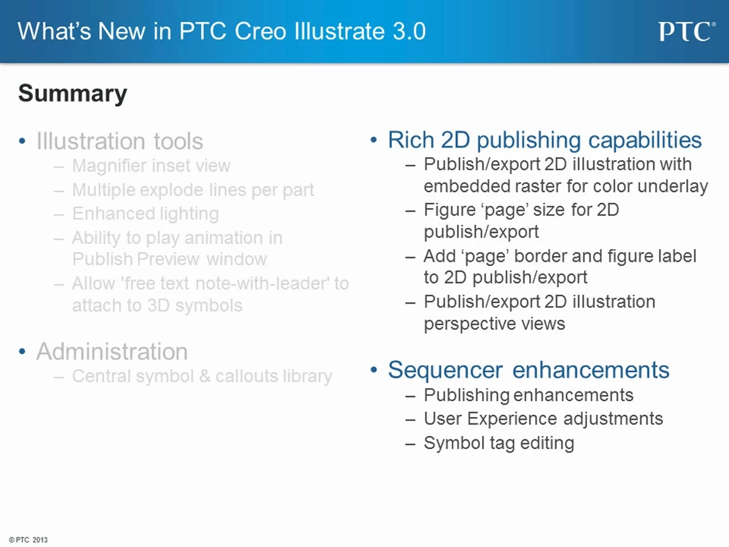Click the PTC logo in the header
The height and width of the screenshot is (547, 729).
click(687, 31)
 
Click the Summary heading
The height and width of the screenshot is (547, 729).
click(73, 93)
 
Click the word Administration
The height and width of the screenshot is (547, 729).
click(112, 352)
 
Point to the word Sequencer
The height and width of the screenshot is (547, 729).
click(445, 370)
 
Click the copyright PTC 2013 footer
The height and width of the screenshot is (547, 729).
click(28, 540)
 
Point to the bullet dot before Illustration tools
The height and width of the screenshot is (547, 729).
click(22, 141)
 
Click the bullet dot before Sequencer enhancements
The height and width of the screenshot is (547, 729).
click(374, 370)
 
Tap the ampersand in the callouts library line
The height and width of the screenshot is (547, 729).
click(205, 376)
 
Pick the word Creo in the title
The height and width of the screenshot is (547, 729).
click(260, 31)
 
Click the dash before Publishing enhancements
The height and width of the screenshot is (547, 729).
click(411, 396)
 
